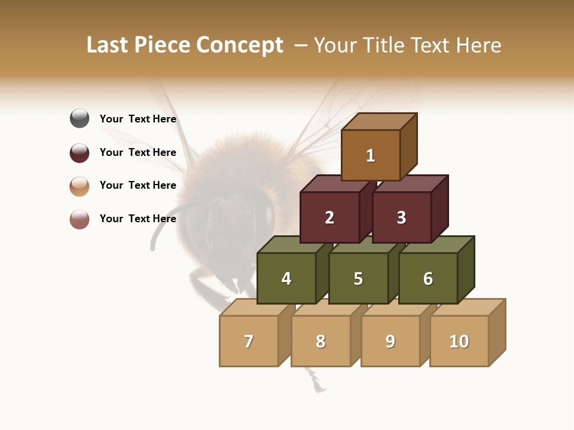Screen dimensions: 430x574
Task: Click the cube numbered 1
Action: pos(371,155)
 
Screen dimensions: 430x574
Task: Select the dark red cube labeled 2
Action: pos(329,217)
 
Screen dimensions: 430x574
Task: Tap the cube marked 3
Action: pos(401,217)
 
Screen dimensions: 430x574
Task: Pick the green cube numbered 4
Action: pos(286,278)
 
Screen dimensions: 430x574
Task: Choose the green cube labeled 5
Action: pos(358,278)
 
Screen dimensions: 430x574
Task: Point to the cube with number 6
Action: pos(428,278)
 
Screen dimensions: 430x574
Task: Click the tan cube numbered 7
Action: pos(249,341)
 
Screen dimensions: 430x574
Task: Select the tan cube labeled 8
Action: pos(320,341)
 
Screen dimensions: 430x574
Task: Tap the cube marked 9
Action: pos(390,341)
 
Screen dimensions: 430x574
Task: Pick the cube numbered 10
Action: pos(459,341)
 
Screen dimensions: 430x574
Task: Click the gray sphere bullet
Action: pos(80,118)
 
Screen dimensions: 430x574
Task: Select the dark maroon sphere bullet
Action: pos(80,152)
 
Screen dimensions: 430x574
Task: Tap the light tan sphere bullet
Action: pos(80,186)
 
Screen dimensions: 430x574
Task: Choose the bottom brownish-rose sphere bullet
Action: pos(80,219)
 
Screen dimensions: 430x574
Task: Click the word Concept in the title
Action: pos(240,45)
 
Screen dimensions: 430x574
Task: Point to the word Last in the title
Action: pos(108,45)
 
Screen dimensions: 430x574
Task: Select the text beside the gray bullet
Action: pos(138,119)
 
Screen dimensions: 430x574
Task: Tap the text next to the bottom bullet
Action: pos(138,219)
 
